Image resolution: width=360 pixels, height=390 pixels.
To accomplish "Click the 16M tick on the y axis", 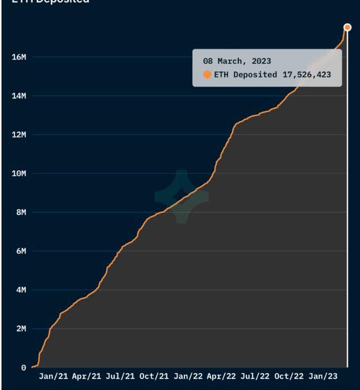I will click(19, 57).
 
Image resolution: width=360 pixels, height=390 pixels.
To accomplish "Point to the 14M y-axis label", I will click(19, 96).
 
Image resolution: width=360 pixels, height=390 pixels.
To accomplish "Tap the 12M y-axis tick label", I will click(19, 135).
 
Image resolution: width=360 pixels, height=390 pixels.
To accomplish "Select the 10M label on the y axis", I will click(19, 174).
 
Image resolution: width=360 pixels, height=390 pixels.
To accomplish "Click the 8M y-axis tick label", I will click(21, 212).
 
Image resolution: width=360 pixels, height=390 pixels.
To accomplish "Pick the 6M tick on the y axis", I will click(21, 251).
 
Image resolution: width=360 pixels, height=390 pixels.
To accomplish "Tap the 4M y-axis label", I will click(21, 290).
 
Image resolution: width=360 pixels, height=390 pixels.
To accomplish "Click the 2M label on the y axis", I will click(21, 329).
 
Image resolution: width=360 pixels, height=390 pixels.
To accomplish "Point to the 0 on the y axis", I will click(24, 368).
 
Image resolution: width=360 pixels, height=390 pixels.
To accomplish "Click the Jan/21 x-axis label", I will click(54, 377).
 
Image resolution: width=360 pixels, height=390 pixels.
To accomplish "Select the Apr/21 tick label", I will click(87, 377).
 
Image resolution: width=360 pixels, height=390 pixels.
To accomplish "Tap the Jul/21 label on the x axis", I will click(120, 377).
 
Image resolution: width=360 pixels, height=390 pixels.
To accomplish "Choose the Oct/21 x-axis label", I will click(154, 377).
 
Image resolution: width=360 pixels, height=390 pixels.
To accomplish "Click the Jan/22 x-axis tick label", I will click(188, 377).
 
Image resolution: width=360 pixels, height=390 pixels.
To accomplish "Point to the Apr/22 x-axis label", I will click(222, 377).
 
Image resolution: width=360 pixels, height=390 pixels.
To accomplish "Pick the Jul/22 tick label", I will click(255, 377).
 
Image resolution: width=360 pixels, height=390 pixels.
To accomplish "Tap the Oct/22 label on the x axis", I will click(289, 377).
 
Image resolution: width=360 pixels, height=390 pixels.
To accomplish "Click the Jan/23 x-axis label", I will click(323, 377).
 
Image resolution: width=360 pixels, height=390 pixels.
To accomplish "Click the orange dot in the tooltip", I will click(207, 75).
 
